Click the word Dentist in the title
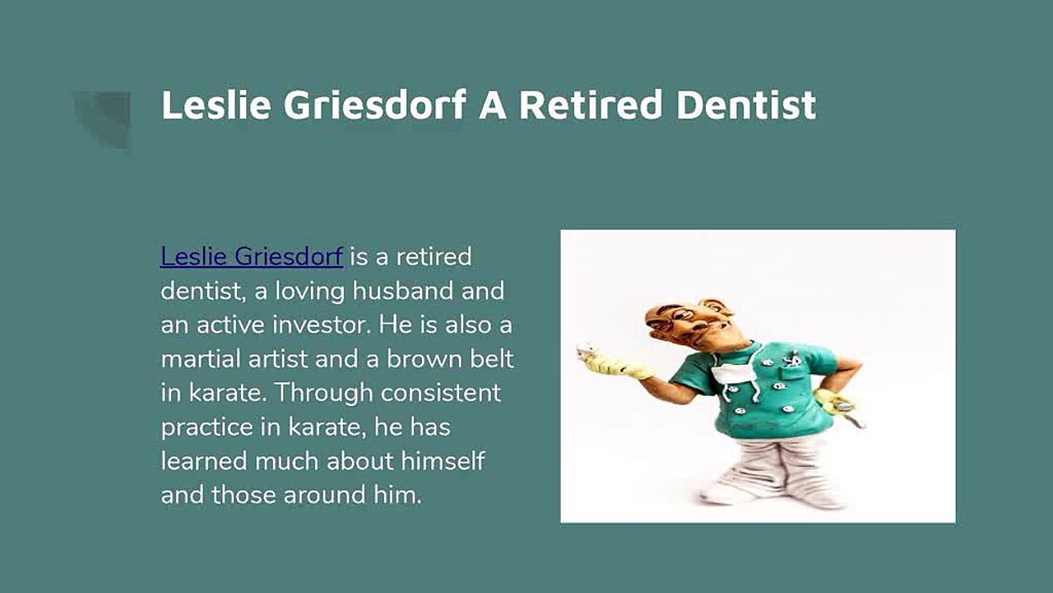click(x=746, y=105)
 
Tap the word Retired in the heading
click(x=591, y=105)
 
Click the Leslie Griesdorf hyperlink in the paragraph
click(x=252, y=257)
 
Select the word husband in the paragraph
click(x=403, y=291)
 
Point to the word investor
click(x=322, y=325)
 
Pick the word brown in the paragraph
click(x=424, y=358)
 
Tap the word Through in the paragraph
click(x=323, y=394)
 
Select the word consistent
click(x=440, y=393)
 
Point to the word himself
click(x=443, y=460)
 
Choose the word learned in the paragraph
click(x=203, y=460)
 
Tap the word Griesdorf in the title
click(x=374, y=105)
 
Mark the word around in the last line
click(x=324, y=495)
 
